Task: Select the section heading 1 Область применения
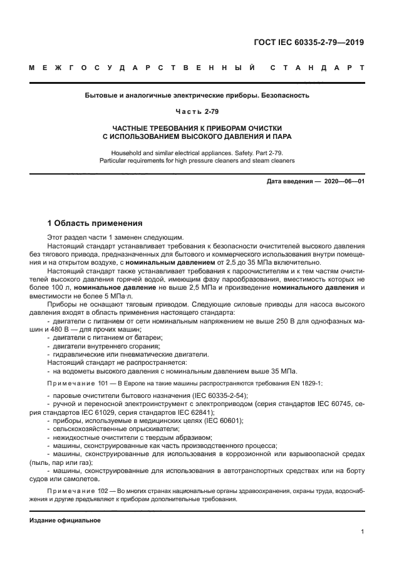(x=95, y=223)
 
